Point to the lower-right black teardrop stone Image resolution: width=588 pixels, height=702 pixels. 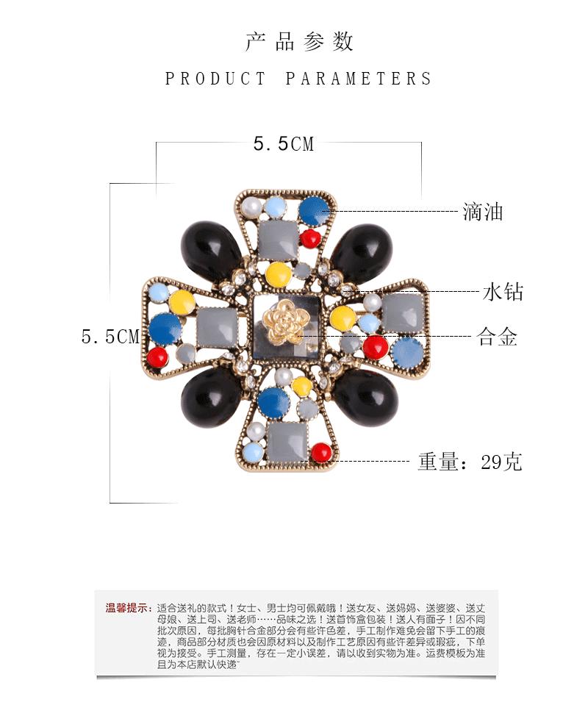point(366,398)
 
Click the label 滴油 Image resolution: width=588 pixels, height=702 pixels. point(483,212)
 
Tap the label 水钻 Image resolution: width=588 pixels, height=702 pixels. point(503,292)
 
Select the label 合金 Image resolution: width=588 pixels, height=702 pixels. point(498,337)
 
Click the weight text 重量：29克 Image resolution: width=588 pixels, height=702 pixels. point(470,462)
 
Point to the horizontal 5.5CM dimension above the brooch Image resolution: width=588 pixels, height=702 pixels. point(284,144)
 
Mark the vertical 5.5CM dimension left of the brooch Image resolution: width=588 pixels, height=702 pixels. point(110,337)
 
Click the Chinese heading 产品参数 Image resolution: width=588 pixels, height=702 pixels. point(299,41)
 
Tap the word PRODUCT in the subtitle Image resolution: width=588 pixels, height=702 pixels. point(215,79)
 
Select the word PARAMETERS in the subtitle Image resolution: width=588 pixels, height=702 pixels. point(358,79)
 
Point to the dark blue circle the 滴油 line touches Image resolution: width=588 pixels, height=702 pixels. point(313,211)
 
